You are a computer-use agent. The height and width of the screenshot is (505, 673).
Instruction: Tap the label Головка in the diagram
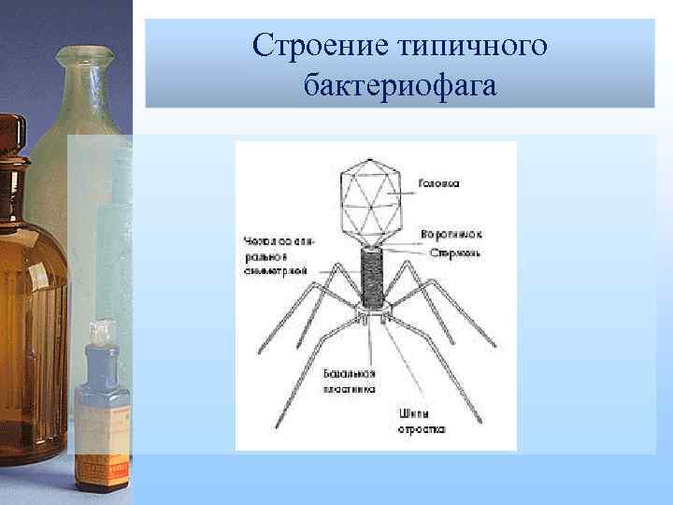point(437,184)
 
